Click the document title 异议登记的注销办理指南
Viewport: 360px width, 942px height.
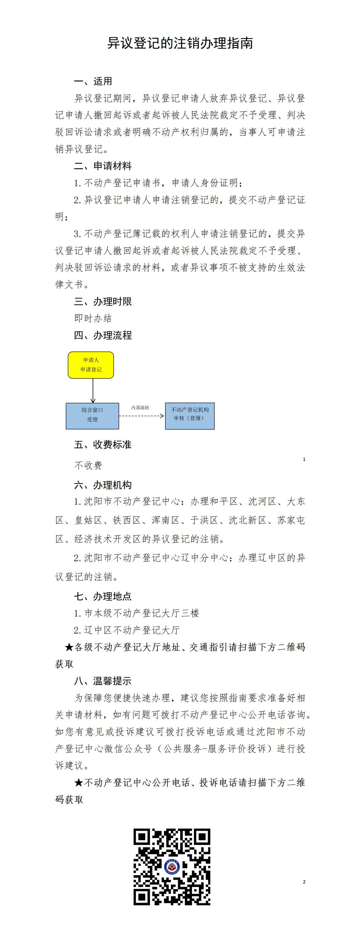[180, 43]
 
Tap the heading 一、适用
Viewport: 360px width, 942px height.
[93, 81]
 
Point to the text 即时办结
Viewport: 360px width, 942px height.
[93, 318]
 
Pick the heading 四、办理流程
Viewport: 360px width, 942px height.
[103, 335]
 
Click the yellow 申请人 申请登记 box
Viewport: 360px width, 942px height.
[91, 365]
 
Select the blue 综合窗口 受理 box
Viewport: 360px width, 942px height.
[92, 416]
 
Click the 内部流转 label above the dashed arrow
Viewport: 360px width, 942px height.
[140, 407]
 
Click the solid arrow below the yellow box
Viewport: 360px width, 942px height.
[93, 391]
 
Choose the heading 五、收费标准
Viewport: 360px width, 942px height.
[103, 445]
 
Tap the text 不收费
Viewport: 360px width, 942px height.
[88, 465]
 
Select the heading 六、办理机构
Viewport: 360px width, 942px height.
[103, 485]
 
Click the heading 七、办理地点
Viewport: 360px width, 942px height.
[103, 596]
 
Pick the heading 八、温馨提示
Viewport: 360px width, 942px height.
[103, 681]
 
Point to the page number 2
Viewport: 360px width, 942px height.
[304, 882]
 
